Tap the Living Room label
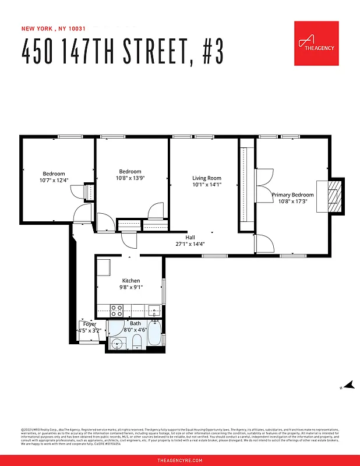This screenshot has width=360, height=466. click(207, 178)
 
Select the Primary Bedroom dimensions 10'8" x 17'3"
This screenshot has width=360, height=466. click(292, 202)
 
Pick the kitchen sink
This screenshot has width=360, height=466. click(154, 309)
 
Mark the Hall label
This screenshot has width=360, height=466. click(190, 237)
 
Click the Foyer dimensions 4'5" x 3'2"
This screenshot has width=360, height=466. click(90, 330)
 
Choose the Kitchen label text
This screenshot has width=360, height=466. click(130, 281)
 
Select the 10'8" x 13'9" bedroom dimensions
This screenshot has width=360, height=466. click(130, 178)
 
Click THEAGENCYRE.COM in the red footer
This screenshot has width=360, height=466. click(180, 460)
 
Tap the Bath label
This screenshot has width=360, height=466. click(135, 323)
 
